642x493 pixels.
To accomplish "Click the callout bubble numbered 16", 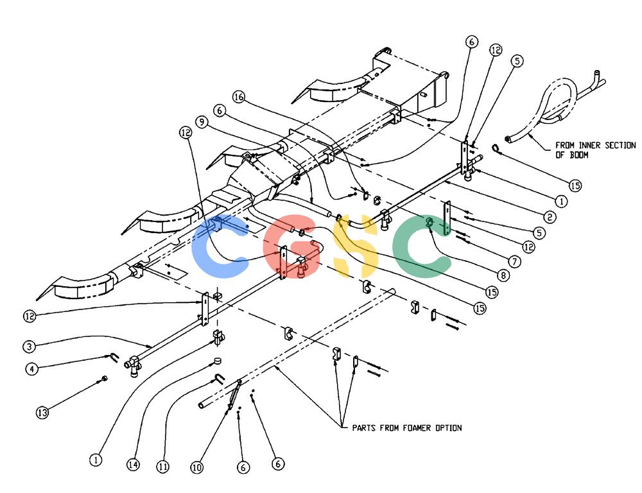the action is (239, 97).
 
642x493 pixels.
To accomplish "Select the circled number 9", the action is (202, 121).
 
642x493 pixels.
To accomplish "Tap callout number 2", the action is (550, 217).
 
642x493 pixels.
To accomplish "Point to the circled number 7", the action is (515, 261).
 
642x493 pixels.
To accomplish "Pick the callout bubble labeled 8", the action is (503, 275).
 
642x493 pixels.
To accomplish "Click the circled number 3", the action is (29, 347).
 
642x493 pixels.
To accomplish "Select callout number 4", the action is (32, 368).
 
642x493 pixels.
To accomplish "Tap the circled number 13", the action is (42, 412).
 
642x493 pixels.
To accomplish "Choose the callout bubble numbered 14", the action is (133, 465).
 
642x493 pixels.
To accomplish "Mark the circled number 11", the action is (163, 467).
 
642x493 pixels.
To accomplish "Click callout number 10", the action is (197, 467).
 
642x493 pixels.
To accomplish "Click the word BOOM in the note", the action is (578, 155).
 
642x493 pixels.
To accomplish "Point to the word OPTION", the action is (448, 428).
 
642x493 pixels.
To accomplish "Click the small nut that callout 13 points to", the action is (104, 378).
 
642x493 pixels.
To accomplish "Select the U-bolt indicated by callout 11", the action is (219, 379).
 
